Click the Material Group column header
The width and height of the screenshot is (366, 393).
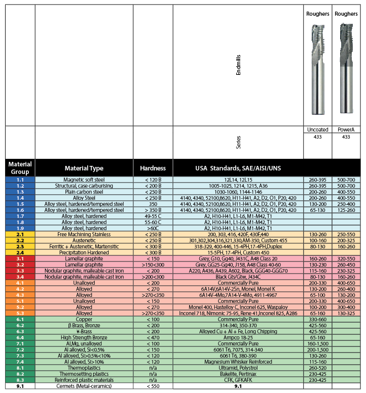(x=20, y=168)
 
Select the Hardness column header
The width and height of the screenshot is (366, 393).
(x=153, y=168)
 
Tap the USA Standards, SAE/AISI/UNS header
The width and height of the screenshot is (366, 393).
(x=238, y=168)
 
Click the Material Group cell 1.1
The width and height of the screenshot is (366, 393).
(x=20, y=180)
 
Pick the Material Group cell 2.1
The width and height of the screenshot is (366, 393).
(x=20, y=234)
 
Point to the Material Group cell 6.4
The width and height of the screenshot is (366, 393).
(x=20, y=337)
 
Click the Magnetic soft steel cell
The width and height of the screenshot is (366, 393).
(x=84, y=180)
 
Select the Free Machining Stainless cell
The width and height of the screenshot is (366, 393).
(x=84, y=234)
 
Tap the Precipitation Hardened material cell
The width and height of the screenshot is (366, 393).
(x=84, y=252)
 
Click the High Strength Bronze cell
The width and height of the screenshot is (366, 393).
(x=84, y=337)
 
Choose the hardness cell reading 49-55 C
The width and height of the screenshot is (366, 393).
(x=153, y=216)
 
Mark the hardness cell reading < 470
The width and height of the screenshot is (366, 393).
(x=153, y=337)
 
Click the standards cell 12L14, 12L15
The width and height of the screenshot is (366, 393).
(x=238, y=180)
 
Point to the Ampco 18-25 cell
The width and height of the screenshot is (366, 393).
(x=238, y=337)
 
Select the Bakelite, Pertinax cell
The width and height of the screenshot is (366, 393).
(x=238, y=374)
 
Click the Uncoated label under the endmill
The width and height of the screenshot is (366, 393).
(x=317, y=130)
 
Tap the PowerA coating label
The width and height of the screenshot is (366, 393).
(x=346, y=130)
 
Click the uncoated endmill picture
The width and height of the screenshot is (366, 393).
(x=317, y=68)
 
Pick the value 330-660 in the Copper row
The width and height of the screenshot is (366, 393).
(x=317, y=319)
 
